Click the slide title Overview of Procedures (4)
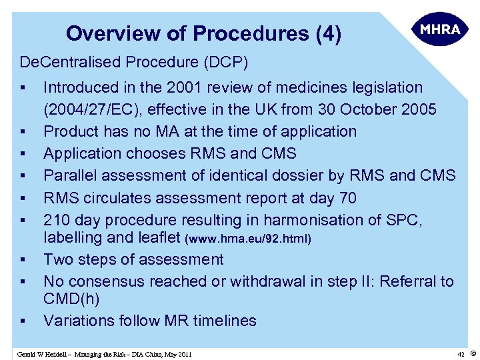(203, 33)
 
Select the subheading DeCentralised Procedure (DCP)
(134, 63)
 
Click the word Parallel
(67, 175)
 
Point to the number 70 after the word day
(347, 198)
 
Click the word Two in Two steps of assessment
(57, 259)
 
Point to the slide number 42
(460, 354)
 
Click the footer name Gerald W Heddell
(47, 354)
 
